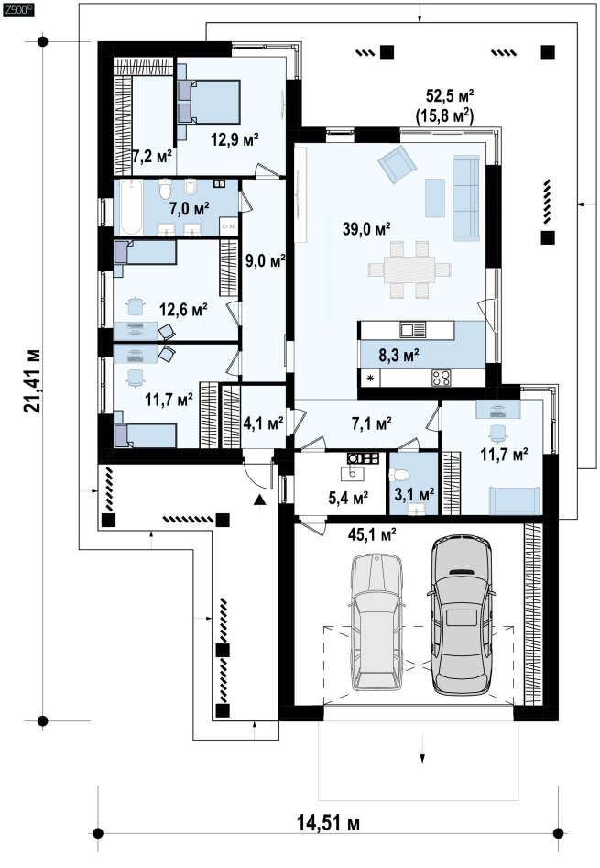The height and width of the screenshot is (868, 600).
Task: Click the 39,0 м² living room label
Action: pyautogui.click(x=366, y=229)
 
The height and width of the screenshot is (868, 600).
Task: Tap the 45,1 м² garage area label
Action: pyautogui.click(x=372, y=534)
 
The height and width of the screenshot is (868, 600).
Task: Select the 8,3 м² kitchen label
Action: pyautogui.click(x=398, y=355)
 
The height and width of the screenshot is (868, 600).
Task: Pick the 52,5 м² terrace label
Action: pyautogui.click(x=450, y=95)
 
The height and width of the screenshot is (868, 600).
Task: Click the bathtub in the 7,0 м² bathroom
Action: pyautogui.click(x=132, y=207)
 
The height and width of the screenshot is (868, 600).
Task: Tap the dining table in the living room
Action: pyautogui.click(x=409, y=270)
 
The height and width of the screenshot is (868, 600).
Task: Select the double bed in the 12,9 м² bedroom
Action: pyautogui.click(x=209, y=102)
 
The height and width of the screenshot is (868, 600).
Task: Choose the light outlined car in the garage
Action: pyautogui.click(x=378, y=622)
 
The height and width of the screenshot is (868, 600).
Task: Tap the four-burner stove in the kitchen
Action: pyautogui.click(x=442, y=379)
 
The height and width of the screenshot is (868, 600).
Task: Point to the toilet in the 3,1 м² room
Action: pyautogui.click(x=399, y=475)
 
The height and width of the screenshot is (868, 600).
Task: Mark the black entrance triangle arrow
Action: pyautogui.click(x=258, y=500)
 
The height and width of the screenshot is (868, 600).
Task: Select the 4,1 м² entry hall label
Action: pyautogui.click(x=264, y=423)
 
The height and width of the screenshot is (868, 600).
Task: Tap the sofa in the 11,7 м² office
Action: pyautogui.click(x=517, y=500)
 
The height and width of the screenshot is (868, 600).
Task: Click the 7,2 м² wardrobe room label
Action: pyautogui.click(x=153, y=156)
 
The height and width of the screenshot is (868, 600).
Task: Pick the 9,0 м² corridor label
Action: pyautogui.click(x=265, y=260)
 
